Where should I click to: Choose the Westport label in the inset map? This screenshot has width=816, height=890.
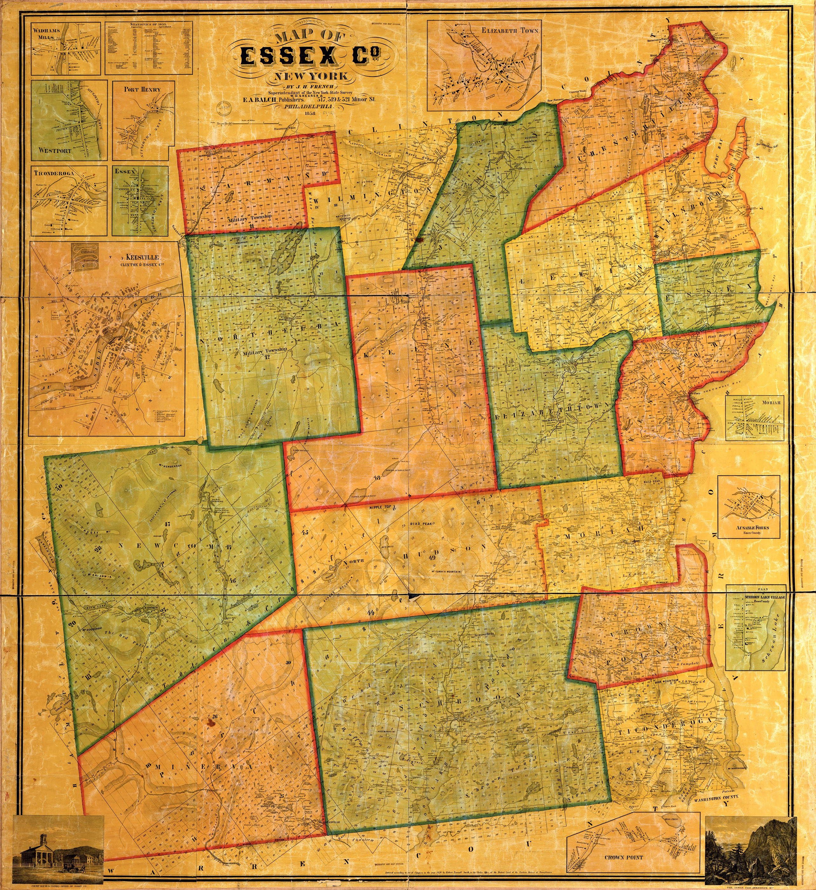55,150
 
